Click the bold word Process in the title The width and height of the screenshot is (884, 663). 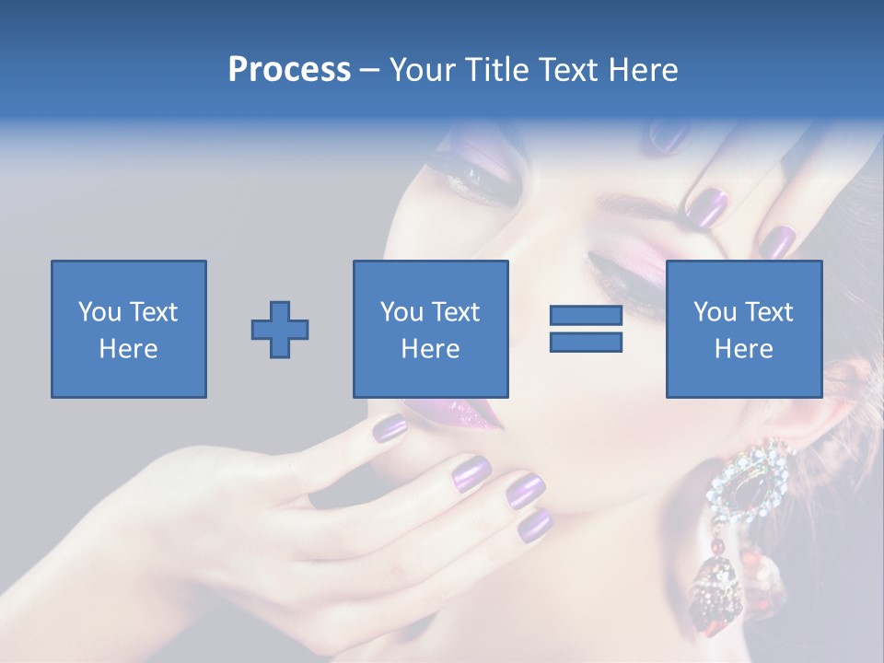(x=289, y=70)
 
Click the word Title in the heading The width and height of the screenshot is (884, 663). (x=497, y=70)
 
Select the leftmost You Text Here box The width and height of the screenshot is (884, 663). (x=128, y=329)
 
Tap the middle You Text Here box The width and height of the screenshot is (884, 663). (x=430, y=329)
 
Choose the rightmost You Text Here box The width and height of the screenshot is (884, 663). (x=743, y=329)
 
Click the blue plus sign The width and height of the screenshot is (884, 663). (x=280, y=330)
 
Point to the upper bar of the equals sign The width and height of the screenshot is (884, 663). (x=586, y=316)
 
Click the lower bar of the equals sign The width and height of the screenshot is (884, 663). (x=586, y=343)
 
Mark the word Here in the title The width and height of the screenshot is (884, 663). (x=646, y=70)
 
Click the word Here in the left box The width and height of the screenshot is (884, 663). (x=128, y=348)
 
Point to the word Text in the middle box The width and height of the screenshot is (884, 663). (x=456, y=312)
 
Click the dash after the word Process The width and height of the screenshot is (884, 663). (x=369, y=70)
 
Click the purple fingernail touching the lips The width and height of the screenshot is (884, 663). (x=390, y=427)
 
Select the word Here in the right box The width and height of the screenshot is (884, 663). (x=743, y=348)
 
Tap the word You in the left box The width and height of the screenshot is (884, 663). (x=99, y=312)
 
